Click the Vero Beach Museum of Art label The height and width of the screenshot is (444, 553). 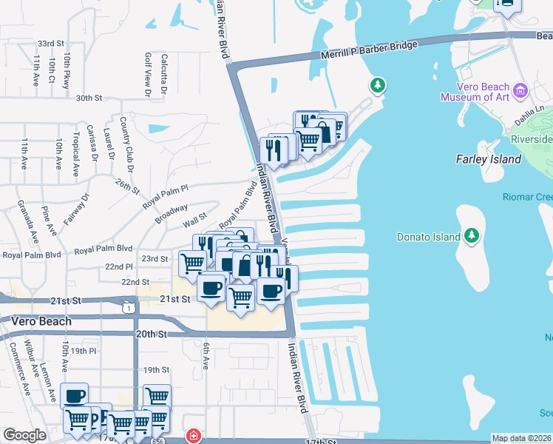475,91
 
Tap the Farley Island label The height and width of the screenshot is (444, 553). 489,159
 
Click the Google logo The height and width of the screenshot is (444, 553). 24,436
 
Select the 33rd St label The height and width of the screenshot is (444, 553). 52,44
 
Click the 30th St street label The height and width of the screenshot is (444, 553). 88,98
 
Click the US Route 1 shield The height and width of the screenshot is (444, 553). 131,307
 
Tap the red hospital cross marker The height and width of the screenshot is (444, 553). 193,436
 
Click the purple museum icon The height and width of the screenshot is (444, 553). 520,91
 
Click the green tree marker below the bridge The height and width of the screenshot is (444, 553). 378,86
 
